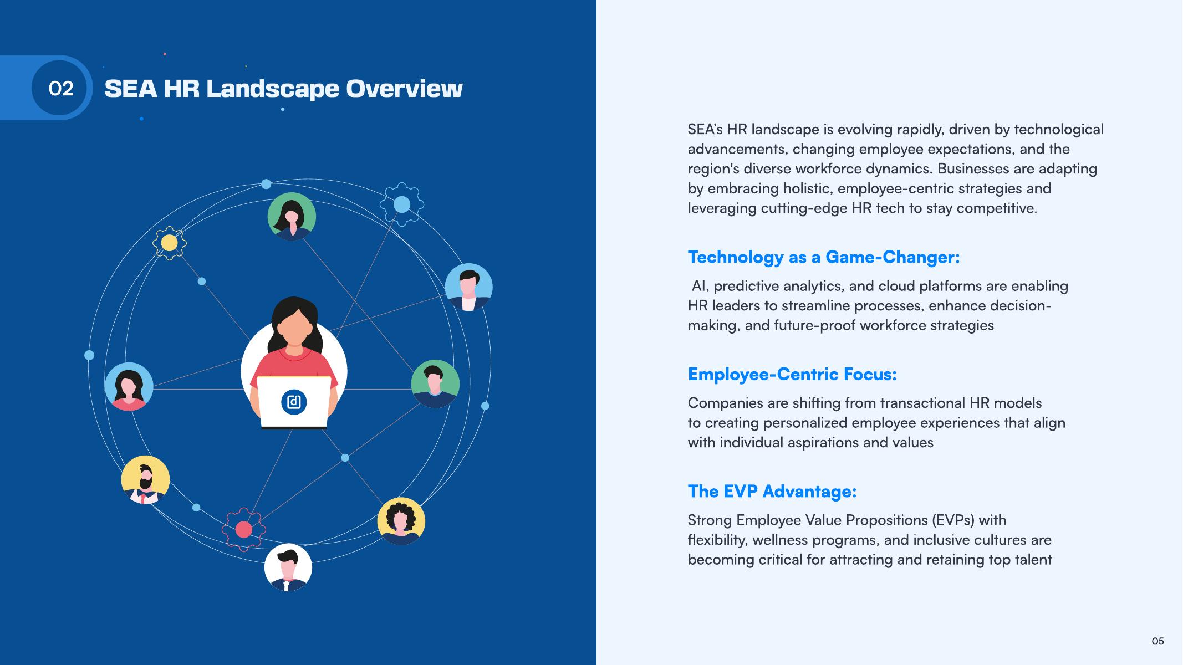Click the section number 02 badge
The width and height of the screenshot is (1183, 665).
pyautogui.click(x=60, y=88)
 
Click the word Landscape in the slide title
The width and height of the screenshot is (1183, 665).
pyautogui.click(x=272, y=89)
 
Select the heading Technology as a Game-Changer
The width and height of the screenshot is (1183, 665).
pyautogui.click(x=823, y=257)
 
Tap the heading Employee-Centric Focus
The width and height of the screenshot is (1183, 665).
pyautogui.click(x=792, y=375)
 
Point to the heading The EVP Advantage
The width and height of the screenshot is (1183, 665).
pyautogui.click(x=772, y=492)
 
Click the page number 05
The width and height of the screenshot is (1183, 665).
pyautogui.click(x=1157, y=641)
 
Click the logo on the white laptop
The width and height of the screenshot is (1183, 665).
pyautogui.click(x=294, y=402)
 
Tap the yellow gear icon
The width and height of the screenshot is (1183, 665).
pyautogui.click(x=169, y=243)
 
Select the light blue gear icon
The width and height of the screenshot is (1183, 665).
pyautogui.click(x=402, y=204)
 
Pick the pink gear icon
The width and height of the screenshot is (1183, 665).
pyautogui.click(x=243, y=530)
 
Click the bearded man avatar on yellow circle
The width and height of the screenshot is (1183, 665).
pyautogui.click(x=145, y=480)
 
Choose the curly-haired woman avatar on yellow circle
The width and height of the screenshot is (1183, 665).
pyautogui.click(x=401, y=521)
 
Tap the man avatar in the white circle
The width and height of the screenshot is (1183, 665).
pyautogui.click(x=288, y=567)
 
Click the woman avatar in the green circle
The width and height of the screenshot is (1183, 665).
pyautogui.click(x=292, y=217)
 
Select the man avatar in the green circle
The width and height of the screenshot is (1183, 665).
pyautogui.click(x=435, y=384)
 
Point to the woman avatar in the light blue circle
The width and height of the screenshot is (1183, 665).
pyautogui.click(x=129, y=387)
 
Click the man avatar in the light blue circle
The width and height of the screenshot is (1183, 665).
pyautogui.click(x=469, y=287)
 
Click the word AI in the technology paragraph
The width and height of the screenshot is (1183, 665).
pyautogui.click(x=698, y=286)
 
